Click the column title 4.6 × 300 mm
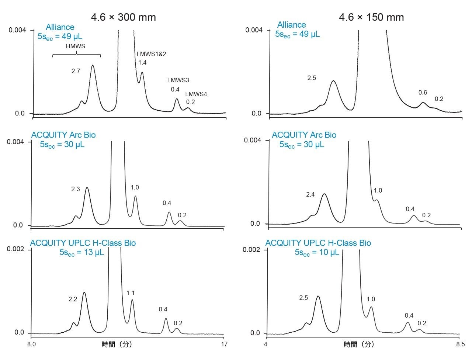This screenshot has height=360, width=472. coord(124,17)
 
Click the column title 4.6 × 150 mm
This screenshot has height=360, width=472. coord(372,17)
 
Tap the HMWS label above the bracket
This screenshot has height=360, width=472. coord(75,46)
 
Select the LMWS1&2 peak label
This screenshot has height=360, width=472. coord(151,54)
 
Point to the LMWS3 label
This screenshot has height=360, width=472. coord(178,80)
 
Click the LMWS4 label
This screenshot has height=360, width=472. coord(196,94)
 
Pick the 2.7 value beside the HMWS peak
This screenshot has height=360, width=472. coord(76,71)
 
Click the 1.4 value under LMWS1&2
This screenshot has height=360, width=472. coord(142,63)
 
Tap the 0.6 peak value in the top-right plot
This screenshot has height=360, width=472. coord(423,93)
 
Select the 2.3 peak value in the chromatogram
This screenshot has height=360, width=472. coord(76,189)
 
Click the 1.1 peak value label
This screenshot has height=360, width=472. coord(131,293)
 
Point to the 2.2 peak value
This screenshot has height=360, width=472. coord(73,299)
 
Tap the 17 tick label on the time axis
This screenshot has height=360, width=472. coord(224,345)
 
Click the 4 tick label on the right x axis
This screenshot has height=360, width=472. coord(265,345)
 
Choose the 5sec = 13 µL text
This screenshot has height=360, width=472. coord(82,253)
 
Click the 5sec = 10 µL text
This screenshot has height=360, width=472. coord(317,253)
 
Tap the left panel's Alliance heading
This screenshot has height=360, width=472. coord(60,27)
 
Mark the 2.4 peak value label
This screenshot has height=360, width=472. coord(310,194)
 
